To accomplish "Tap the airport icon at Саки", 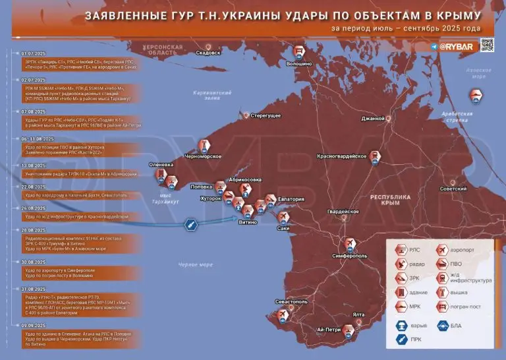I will pos(284,217).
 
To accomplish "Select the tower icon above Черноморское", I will pos(204,144).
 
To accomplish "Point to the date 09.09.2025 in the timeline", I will pos(33,326).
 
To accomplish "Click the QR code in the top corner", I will pos(487,45).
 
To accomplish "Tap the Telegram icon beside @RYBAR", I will pos(434,47).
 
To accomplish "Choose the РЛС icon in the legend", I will pos(399,251).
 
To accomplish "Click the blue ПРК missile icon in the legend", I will pos(399,340).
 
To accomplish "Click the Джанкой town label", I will pos(373,119).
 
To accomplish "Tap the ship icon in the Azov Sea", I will pos(476,97).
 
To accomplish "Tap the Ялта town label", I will pos(358,315).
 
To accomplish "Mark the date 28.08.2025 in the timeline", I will pos(33,230).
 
